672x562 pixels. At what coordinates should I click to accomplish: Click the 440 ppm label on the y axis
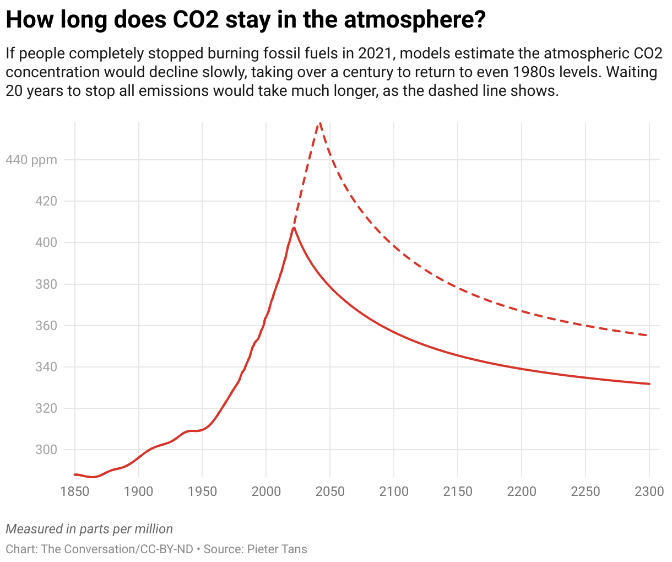pyautogui.click(x=31, y=160)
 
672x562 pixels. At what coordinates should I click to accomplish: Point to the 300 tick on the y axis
pyautogui.click(x=46, y=450)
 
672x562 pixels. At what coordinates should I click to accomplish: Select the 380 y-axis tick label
pyautogui.click(x=46, y=284)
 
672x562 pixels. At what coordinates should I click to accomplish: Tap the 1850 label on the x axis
pyautogui.click(x=75, y=491)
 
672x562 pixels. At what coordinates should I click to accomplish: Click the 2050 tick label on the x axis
pyautogui.click(x=329, y=491)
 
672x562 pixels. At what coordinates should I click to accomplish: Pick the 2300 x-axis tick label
pyautogui.click(x=649, y=491)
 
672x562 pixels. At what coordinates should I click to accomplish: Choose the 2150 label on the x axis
pyautogui.click(x=458, y=491)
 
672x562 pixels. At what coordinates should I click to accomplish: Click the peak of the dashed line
pyautogui.click(x=319, y=123)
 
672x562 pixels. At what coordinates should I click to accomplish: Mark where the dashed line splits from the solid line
pyautogui.click(x=294, y=227)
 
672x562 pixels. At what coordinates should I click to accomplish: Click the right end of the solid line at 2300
pyautogui.click(x=649, y=384)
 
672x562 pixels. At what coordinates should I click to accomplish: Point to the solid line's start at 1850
pyautogui.click(x=75, y=474)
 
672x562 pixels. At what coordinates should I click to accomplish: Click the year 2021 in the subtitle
pyautogui.click(x=374, y=53)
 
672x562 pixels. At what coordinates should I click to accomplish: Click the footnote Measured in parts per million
pyautogui.click(x=89, y=529)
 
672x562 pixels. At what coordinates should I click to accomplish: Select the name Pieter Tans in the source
pyautogui.click(x=277, y=549)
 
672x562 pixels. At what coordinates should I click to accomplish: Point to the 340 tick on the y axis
pyautogui.click(x=46, y=367)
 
